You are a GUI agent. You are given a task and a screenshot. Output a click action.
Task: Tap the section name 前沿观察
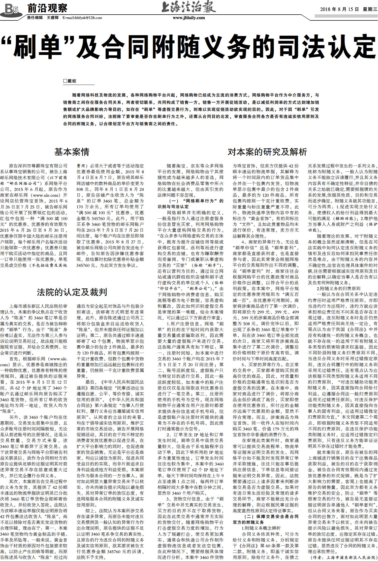(x=47, y=9)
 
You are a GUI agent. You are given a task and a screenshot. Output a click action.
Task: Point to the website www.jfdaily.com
(x=189, y=18)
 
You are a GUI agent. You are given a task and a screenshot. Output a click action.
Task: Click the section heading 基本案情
(x=72, y=152)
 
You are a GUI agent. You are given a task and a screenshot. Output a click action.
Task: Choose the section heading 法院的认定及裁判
(x=72, y=292)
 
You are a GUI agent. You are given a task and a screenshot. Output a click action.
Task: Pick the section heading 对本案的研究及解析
(x=267, y=152)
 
